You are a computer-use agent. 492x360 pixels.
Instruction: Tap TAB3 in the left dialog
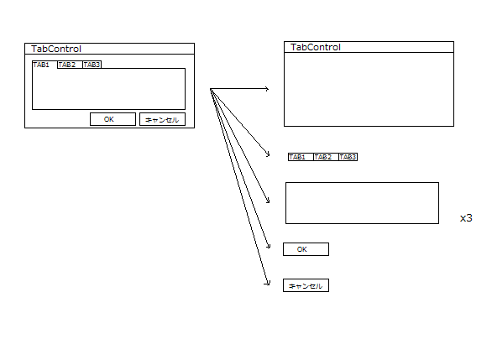(92, 65)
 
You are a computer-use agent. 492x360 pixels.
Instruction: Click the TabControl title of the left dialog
(56, 49)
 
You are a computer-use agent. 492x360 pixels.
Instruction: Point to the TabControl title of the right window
(316, 47)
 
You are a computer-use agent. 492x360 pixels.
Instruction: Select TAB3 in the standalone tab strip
(348, 157)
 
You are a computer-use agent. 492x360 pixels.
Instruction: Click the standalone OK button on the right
(306, 249)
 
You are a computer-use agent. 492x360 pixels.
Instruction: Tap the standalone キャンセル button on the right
(306, 285)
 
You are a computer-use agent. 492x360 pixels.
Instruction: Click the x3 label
(466, 218)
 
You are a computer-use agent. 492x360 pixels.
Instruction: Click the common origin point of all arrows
(211, 90)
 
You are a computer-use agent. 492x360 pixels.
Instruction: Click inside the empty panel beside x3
(362, 203)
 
